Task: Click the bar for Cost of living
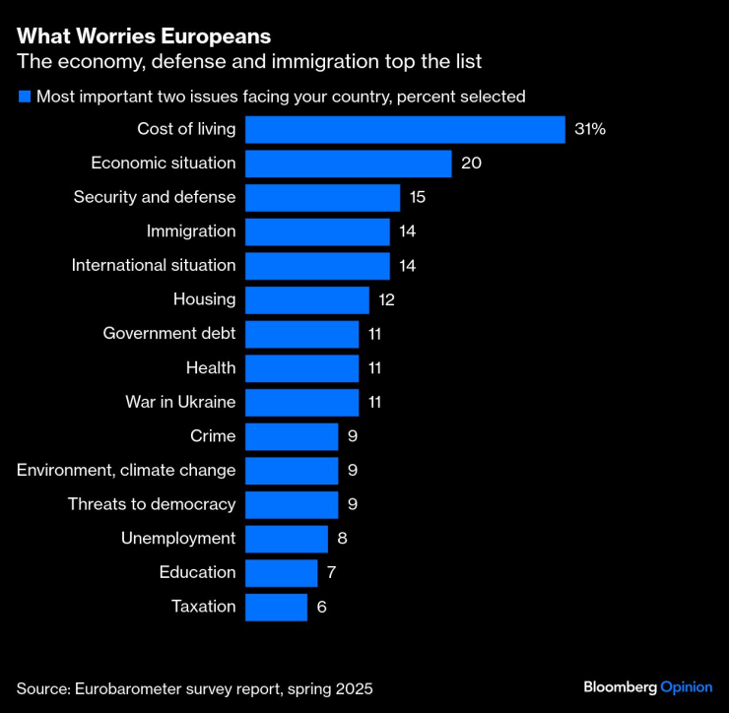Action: [x=405, y=129]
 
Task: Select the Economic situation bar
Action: [x=348, y=163]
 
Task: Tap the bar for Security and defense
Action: [x=322, y=197]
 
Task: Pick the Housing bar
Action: [x=306, y=299]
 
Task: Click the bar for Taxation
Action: [x=276, y=607]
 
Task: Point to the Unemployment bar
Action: [x=286, y=539]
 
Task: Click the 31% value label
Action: [x=591, y=129]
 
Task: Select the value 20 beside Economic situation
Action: [x=471, y=163]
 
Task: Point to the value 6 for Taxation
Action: [x=321, y=607]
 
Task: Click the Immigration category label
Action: [x=191, y=231]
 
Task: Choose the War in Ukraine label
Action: [x=180, y=402]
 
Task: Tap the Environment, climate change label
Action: [x=126, y=470]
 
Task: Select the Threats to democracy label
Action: [x=152, y=504]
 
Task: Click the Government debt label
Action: [x=169, y=334]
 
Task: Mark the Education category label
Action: [x=197, y=572]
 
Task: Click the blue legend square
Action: [x=24, y=97]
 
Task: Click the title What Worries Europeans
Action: [x=144, y=36]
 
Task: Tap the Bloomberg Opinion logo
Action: [x=647, y=686]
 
